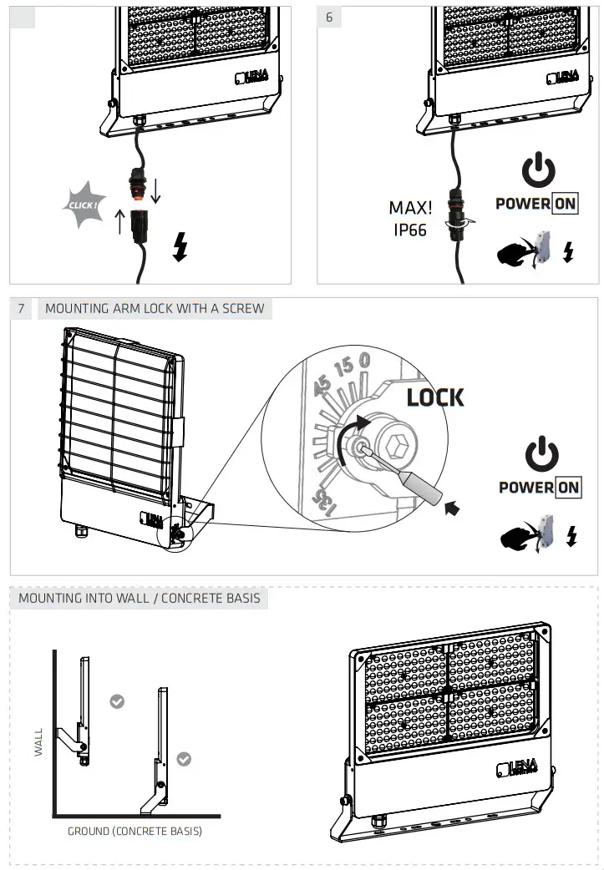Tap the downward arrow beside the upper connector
click(x=155, y=190)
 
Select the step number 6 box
click(x=329, y=18)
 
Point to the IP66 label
click(x=410, y=229)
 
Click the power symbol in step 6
click(x=538, y=171)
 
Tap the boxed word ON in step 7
click(x=568, y=488)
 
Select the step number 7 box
click(x=23, y=309)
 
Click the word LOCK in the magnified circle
click(x=434, y=397)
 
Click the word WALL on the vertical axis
click(x=38, y=740)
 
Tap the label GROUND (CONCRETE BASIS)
click(x=135, y=832)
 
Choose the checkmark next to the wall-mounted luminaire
click(x=118, y=701)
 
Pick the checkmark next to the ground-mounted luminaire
click(x=184, y=759)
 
